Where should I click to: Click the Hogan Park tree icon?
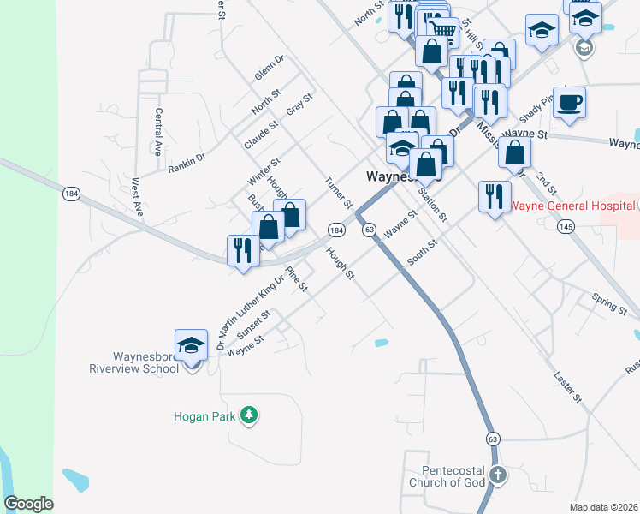click(249, 415)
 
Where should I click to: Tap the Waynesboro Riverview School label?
click(145, 362)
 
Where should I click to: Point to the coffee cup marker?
click(570, 103)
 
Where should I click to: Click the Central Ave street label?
click(159, 131)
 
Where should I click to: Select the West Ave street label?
click(136, 198)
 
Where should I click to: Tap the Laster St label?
click(567, 387)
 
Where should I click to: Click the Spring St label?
click(609, 300)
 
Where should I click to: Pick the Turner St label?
click(339, 193)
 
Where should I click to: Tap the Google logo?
click(29, 504)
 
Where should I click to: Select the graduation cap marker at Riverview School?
click(192, 345)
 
